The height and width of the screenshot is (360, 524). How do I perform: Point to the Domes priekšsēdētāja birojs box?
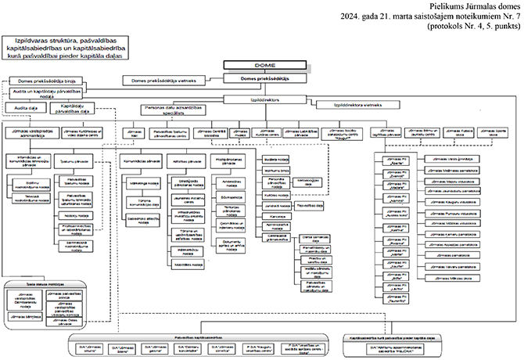coord(45,81)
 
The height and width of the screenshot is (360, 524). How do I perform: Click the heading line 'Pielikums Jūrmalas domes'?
coord(465,5)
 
